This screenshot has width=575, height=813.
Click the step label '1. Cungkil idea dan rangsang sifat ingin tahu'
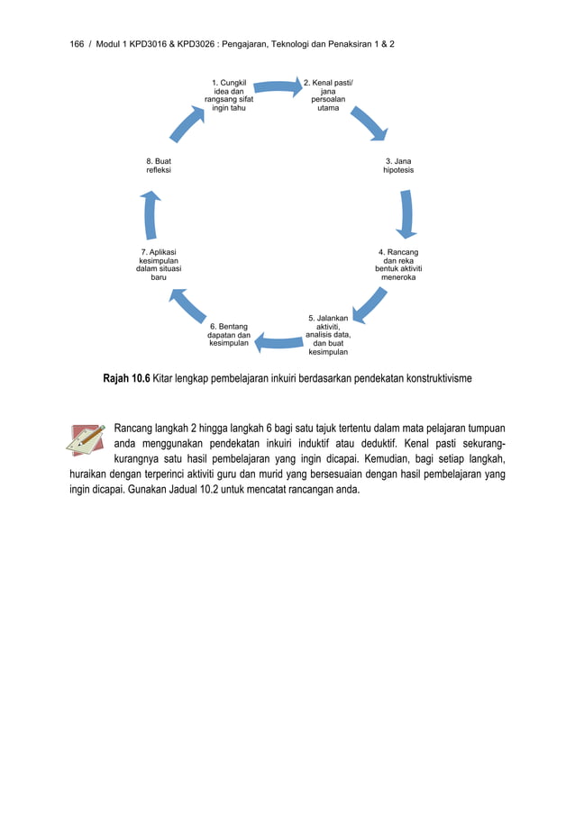coord(229,95)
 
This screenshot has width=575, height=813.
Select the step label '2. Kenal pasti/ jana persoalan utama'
coord(328,95)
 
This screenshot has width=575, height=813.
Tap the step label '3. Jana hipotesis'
coord(398,166)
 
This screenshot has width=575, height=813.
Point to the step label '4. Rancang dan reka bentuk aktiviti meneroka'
coord(398,265)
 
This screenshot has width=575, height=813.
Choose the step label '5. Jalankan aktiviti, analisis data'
coord(328,335)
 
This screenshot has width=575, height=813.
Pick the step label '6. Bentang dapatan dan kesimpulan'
coord(229,334)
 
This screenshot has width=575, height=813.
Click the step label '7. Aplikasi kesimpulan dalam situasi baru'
coord(159,265)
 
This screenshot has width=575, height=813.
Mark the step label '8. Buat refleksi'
coord(159,166)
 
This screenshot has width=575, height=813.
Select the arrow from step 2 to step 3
coord(368,124)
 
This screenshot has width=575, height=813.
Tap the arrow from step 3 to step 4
coord(406,215)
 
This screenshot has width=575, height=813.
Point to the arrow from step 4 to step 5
coord(370,304)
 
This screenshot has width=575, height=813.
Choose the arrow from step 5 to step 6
coord(278,342)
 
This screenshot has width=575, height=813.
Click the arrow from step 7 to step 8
coord(151,215)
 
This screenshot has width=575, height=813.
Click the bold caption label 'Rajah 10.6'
coord(127,379)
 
